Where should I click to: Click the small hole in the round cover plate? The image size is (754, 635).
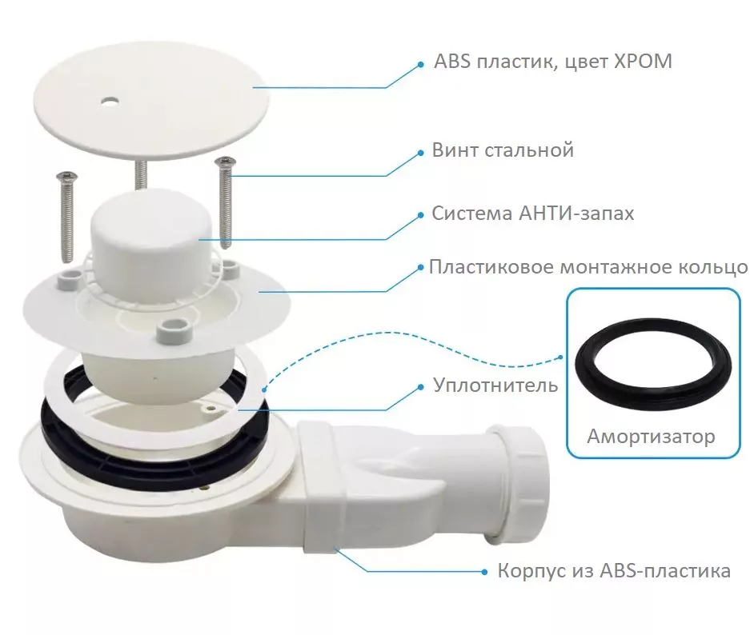point(110,102)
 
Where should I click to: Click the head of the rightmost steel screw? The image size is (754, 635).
point(225,161)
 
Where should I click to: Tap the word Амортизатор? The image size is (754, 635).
point(651,436)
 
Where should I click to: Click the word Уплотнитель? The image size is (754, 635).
point(495,385)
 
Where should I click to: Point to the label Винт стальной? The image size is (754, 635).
point(503,150)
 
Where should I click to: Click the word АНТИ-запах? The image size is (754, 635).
point(576,213)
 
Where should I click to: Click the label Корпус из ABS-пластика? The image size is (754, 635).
point(614,571)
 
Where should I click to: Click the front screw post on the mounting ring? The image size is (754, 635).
point(174,328)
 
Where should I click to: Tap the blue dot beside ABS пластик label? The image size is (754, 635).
point(420,64)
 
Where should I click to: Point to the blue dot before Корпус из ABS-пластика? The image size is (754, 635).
point(485,572)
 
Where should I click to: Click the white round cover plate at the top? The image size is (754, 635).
point(151,101)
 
